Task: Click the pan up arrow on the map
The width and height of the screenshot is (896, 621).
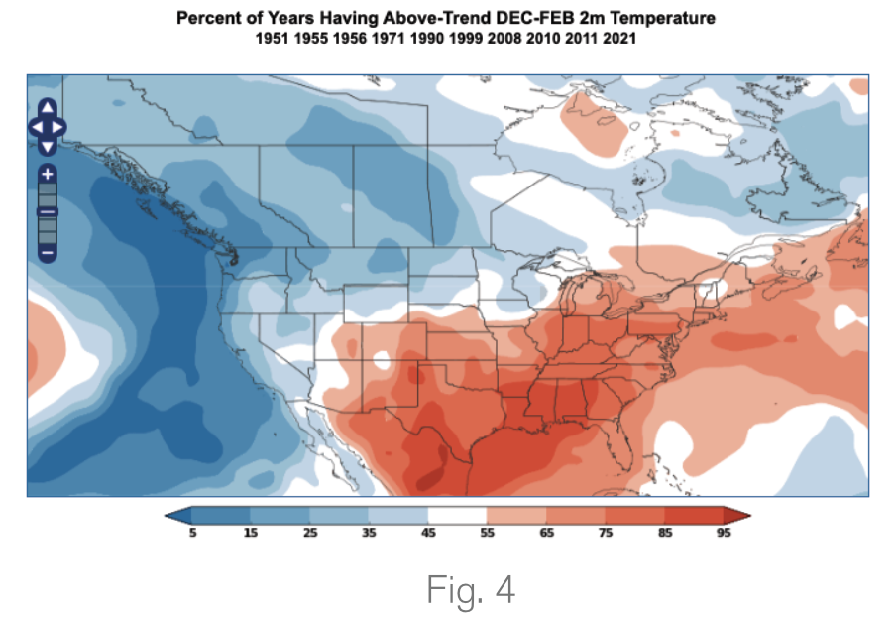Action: (47, 108)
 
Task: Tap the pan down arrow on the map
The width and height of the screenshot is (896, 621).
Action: (47, 146)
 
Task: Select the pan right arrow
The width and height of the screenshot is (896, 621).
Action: (60, 127)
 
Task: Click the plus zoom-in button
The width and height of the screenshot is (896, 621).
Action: (47, 173)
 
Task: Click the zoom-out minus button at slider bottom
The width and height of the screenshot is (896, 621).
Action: (47, 254)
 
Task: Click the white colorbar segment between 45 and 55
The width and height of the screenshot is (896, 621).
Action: (457, 516)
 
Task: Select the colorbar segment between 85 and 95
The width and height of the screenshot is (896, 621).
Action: (694, 516)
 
